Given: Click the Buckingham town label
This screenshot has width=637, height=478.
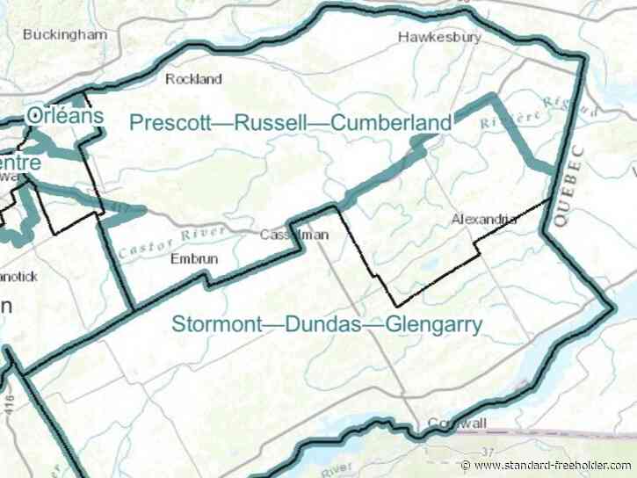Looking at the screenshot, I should click(x=65, y=35).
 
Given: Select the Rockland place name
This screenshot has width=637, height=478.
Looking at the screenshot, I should click(x=194, y=79).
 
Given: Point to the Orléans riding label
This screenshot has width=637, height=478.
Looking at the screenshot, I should click(x=66, y=115).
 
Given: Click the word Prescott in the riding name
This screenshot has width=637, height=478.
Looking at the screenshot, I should click(x=169, y=123).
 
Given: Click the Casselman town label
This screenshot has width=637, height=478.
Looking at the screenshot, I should click(x=288, y=235).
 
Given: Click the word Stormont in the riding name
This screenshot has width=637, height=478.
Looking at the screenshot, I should click(x=214, y=325).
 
